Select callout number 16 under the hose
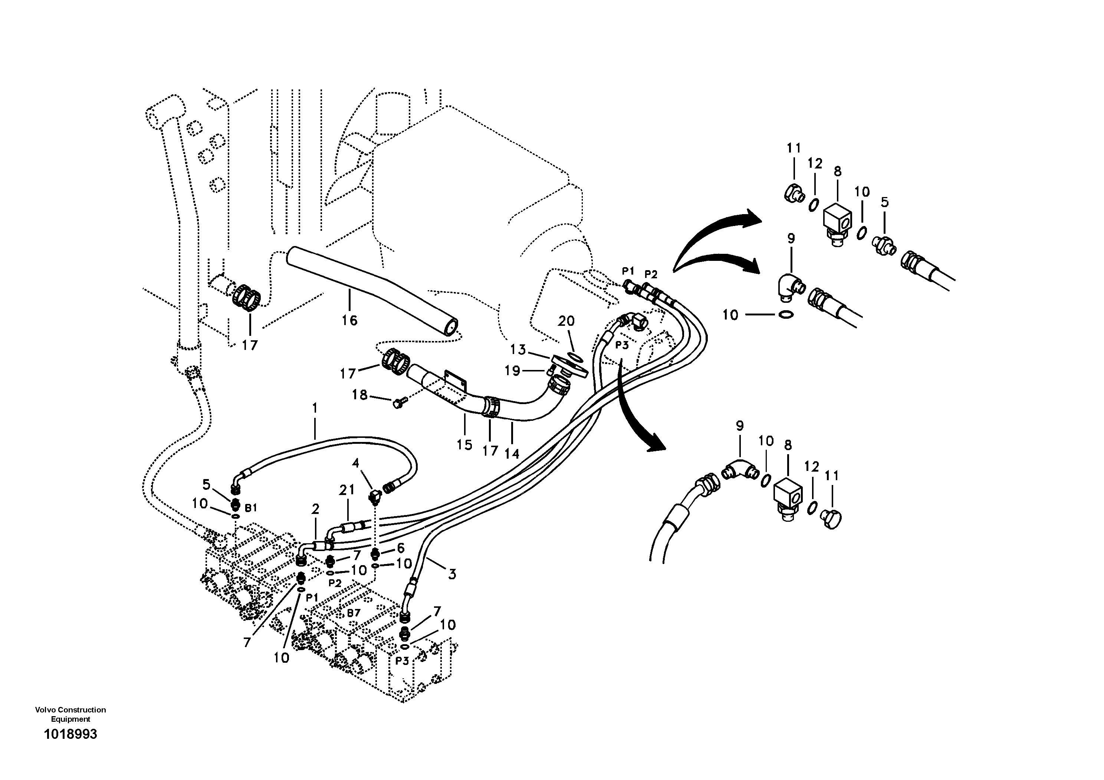(x=349, y=320)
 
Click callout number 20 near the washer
(x=566, y=321)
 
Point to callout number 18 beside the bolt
(x=360, y=395)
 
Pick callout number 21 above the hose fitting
(x=347, y=490)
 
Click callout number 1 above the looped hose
(x=315, y=408)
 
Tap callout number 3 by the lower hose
(x=452, y=574)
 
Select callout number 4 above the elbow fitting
(x=356, y=463)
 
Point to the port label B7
(x=354, y=613)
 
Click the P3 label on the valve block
(x=402, y=661)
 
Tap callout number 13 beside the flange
(x=518, y=350)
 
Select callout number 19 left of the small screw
(x=513, y=371)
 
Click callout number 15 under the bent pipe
(x=464, y=445)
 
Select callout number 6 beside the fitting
(x=401, y=548)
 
